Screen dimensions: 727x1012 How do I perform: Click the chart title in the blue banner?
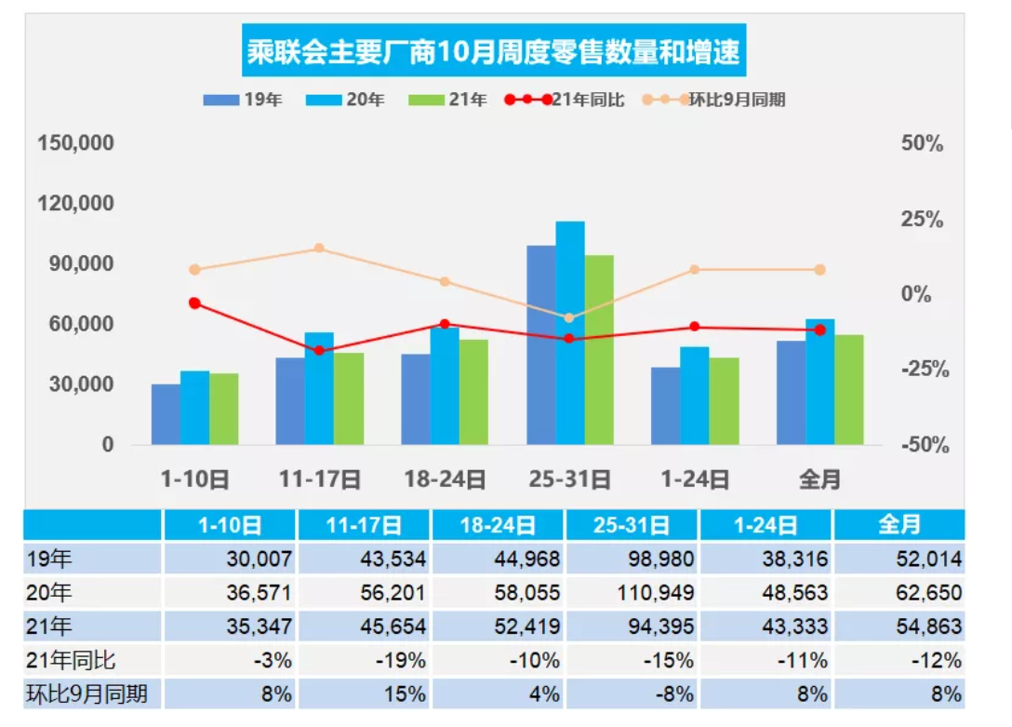pos(494,51)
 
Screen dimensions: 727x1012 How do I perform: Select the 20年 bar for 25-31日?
pos(570,332)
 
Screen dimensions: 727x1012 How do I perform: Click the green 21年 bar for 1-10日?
pos(224,409)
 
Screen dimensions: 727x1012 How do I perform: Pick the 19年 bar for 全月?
pos(791,392)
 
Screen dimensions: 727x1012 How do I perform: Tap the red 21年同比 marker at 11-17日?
pos(319,350)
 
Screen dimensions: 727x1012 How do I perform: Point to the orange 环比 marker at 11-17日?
pos(319,249)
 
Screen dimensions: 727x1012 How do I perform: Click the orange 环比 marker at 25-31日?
pos(569,317)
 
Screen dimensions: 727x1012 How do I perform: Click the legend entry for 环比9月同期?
pos(715,100)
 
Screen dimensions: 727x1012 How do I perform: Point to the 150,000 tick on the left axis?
pos(75,143)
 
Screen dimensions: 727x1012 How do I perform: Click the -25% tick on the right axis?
pos(925,370)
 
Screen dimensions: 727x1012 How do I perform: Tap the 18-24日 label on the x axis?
pos(445,479)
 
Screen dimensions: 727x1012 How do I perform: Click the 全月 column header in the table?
pos(899,525)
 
